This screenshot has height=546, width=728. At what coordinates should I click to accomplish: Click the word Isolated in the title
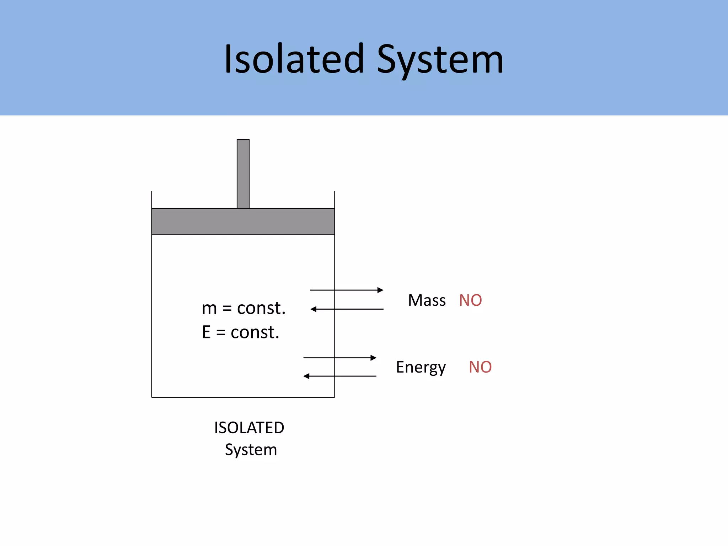tap(294, 59)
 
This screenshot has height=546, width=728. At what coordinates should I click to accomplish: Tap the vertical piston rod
tap(243, 173)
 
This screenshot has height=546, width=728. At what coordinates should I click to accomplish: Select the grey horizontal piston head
tap(243, 221)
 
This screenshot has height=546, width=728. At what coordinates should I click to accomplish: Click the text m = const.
tap(243, 308)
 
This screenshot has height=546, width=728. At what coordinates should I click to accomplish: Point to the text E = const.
tap(241, 332)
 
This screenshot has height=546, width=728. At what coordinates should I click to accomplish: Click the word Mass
tap(427, 300)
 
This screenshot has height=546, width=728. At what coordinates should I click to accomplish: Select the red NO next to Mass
tap(470, 300)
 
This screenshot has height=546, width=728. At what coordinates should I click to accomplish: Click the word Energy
tap(421, 368)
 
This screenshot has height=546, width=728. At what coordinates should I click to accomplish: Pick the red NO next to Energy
tap(480, 367)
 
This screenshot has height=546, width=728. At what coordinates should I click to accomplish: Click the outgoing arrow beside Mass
tap(347, 290)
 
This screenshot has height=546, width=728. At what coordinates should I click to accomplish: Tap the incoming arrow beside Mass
tap(347, 309)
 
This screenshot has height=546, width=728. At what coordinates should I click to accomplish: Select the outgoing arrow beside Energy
tap(339, 358)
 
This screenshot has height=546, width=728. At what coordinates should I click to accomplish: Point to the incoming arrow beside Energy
tap(339, 376)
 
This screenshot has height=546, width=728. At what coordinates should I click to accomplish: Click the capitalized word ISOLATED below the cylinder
tap(249, 428)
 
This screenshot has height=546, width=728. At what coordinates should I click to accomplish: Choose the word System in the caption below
tap(251, 450)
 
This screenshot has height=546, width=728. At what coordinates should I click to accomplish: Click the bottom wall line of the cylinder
tap(243, 397)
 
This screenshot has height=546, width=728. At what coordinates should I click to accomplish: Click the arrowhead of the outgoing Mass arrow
tap(381, 290)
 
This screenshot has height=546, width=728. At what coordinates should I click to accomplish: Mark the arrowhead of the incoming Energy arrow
tap(306, 376)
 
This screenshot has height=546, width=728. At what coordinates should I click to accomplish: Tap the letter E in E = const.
tap(206, 332)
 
